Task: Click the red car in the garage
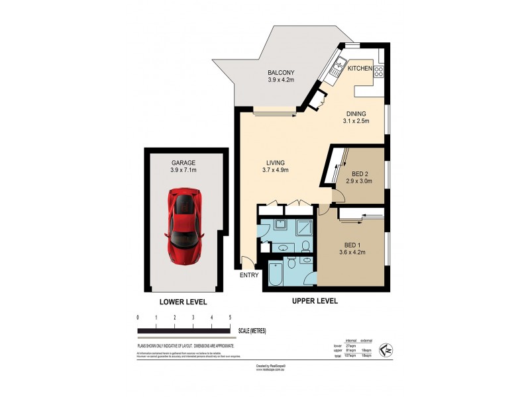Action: [x=185, y=225]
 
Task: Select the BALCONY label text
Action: [x=280, y=73]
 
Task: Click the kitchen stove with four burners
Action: [x=380, y=71]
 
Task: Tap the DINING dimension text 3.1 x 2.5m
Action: [x=356, y=121]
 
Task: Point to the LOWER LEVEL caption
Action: [x=184, y=302]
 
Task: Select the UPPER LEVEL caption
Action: [x=315, y=300]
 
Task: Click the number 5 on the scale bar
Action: [x=229, y=318]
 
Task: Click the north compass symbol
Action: [x=386, y=347]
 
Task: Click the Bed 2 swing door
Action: [x=338, y=195]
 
